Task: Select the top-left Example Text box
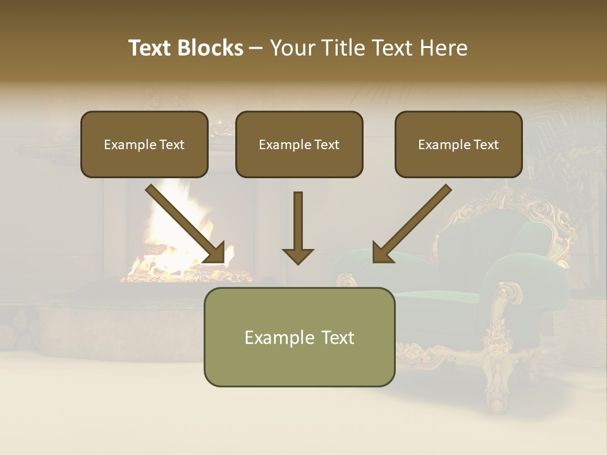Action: [x=144, y=144]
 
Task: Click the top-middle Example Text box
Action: [x=299, y=144]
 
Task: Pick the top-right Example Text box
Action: [x=458, y=144]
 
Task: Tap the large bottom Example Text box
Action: [x=299, y=337]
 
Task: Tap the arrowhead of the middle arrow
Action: [x=298, y=255]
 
